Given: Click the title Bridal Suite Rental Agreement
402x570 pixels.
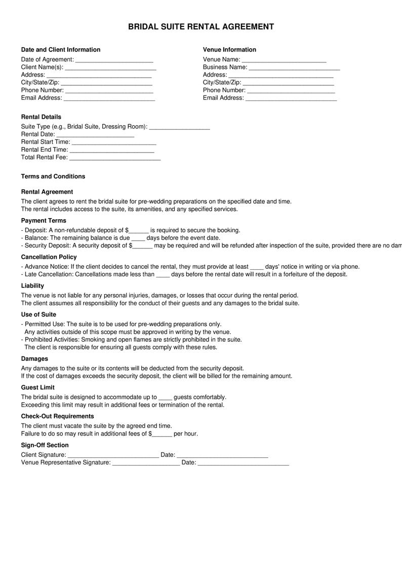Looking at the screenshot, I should [200, 27].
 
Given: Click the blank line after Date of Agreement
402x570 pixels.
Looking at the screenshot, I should [114, 60].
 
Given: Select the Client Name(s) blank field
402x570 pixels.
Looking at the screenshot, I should [111, 67].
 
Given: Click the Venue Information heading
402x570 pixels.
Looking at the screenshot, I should [229, 50].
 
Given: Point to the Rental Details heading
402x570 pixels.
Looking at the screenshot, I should [41, 117].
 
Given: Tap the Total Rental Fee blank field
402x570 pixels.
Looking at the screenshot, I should [114, 158].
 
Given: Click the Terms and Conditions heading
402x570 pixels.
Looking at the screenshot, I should [53, 176].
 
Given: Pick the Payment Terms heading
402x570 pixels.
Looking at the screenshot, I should [44, 221].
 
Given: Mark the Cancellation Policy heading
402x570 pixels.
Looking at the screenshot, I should [49, 257].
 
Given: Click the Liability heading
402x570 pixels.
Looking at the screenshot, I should [32, 286].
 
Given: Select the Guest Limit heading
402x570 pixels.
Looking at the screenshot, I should [38, 388].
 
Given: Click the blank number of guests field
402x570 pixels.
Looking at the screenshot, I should [166, 398].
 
